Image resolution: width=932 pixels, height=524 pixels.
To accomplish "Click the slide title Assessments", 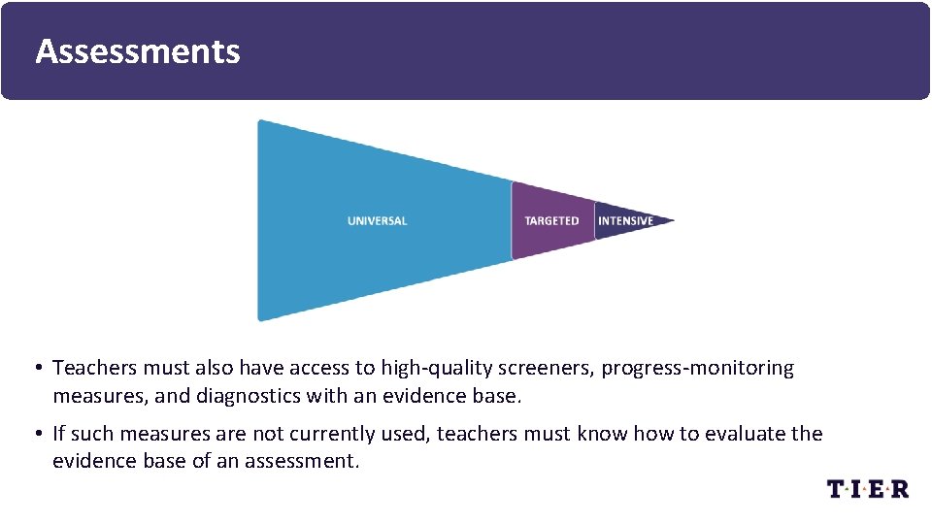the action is point(137,50).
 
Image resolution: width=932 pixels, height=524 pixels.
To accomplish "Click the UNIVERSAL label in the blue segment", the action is point(377,221).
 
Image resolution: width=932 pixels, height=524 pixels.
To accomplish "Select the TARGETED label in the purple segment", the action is point(551,221).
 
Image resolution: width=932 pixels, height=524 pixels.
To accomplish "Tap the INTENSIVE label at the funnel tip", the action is point(625,221).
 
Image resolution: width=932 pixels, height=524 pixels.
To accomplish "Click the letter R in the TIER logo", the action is point(899,489).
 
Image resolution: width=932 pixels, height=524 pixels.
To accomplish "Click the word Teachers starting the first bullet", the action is point(94,369).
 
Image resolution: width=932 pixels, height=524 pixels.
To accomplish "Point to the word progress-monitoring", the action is point(697,369).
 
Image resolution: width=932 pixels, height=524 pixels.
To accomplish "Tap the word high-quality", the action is point(436,369).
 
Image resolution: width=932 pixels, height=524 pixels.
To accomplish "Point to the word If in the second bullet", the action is point(58,434).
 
